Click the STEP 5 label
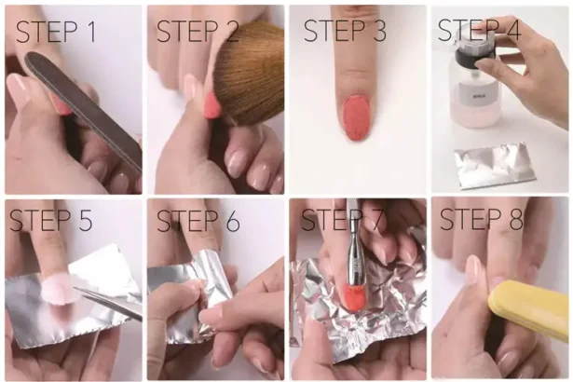(x=52, y=222)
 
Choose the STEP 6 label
(x=198, y=222)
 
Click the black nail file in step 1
(x=84, y=107)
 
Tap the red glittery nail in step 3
(x=357, y=116)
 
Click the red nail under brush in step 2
(x=211, y=104)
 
